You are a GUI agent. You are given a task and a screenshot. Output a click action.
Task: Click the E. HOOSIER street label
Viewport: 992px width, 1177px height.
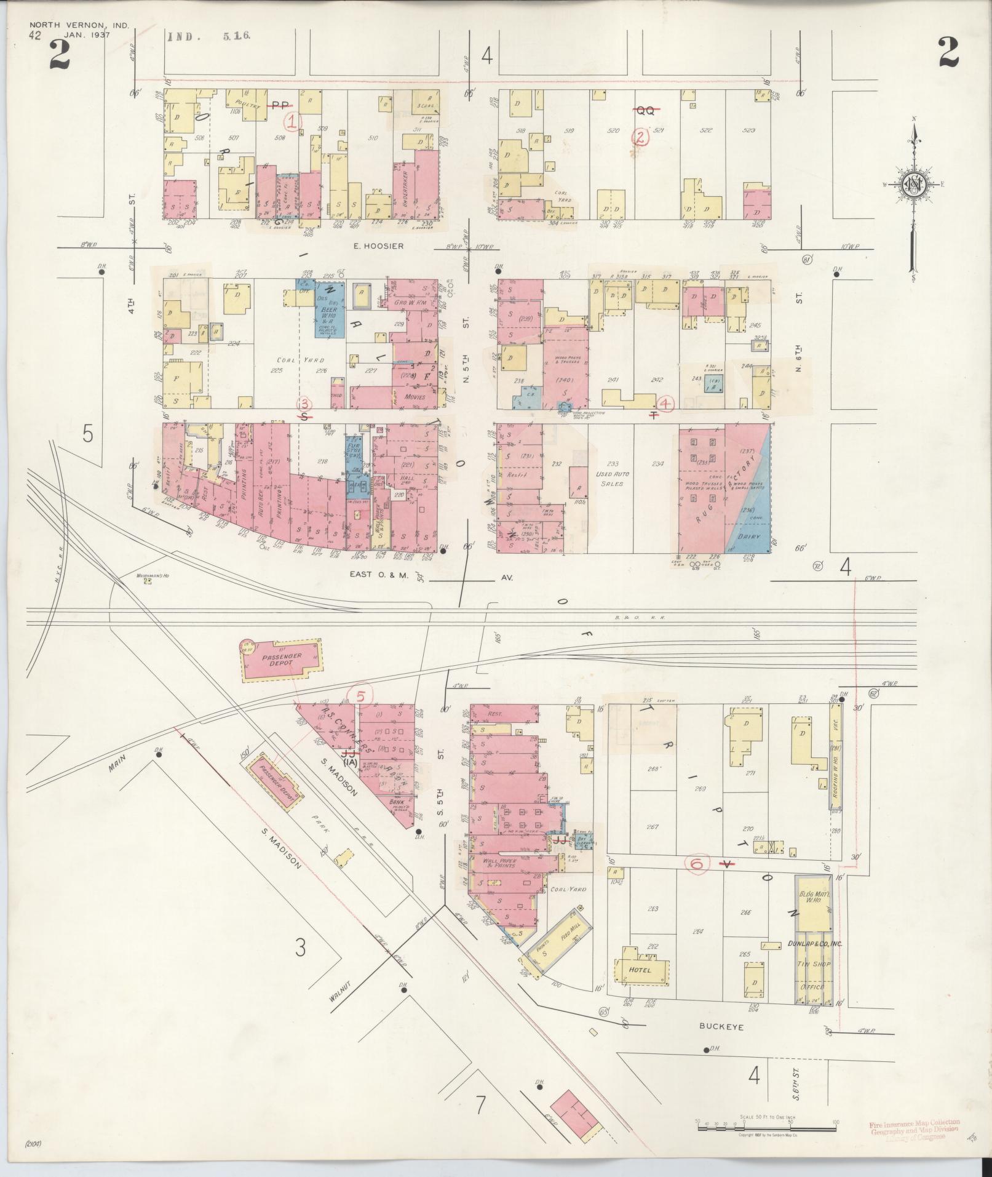click(378, 246)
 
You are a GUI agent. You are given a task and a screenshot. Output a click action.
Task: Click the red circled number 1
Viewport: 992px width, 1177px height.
click(294, 121)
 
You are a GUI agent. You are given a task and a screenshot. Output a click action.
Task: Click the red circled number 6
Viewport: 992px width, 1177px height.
click(697, 864)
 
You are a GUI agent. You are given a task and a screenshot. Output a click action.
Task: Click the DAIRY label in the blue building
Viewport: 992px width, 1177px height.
click(750, 537)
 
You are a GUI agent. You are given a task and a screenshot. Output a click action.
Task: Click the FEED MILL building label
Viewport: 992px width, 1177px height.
click(567, 938)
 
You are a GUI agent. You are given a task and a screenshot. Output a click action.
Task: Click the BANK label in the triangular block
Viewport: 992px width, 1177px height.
click(397, 802)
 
